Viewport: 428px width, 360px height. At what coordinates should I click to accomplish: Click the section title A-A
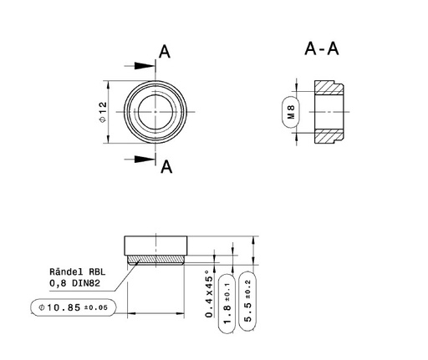click(322, 48)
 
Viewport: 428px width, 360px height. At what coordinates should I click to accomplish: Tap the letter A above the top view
click(165, 52)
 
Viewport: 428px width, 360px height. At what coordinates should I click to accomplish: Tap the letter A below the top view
click(166, 167)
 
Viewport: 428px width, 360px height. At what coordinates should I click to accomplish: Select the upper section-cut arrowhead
click(145, 66)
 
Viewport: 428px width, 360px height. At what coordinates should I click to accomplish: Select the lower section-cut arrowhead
click(145, 160)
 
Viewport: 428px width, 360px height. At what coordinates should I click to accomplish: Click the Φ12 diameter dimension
click(103, 112)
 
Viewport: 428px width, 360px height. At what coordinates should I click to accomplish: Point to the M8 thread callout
click(291, 112)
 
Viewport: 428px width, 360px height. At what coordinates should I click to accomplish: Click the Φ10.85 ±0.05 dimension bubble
click(73, 307)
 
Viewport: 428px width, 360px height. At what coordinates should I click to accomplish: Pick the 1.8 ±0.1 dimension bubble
click(227, 304)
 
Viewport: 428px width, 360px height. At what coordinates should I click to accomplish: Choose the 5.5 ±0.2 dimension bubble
click(247, 302)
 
